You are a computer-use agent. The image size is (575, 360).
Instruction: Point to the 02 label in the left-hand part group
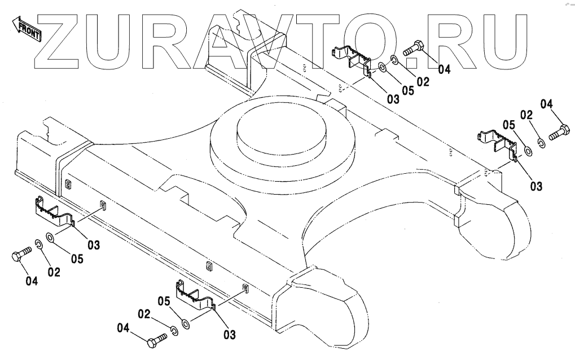54,272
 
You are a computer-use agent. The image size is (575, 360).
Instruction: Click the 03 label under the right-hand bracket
536,186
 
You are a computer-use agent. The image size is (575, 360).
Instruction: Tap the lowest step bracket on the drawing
195,296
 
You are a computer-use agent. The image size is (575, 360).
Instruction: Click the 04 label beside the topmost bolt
444,69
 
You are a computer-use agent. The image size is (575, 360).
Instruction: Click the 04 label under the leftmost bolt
32,280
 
